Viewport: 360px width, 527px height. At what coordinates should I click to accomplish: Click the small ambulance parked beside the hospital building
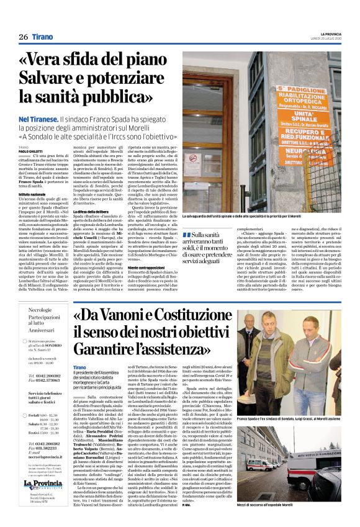click(256, 464)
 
